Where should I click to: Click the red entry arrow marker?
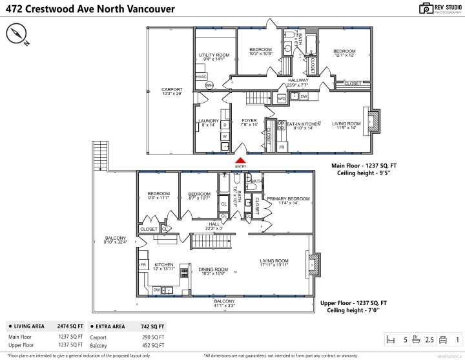(x=241, y=160)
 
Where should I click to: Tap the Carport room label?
(x=171, y=92)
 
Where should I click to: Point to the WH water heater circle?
(x=209, y=85)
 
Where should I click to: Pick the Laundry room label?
(x=209, y=122)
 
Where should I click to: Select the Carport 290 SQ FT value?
(x=153, y=337)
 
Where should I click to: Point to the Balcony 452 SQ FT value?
(x=153, y=346)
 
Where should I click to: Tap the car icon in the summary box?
(x=442, y=339)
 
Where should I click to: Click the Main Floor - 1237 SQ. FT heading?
(x=359, y=165)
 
